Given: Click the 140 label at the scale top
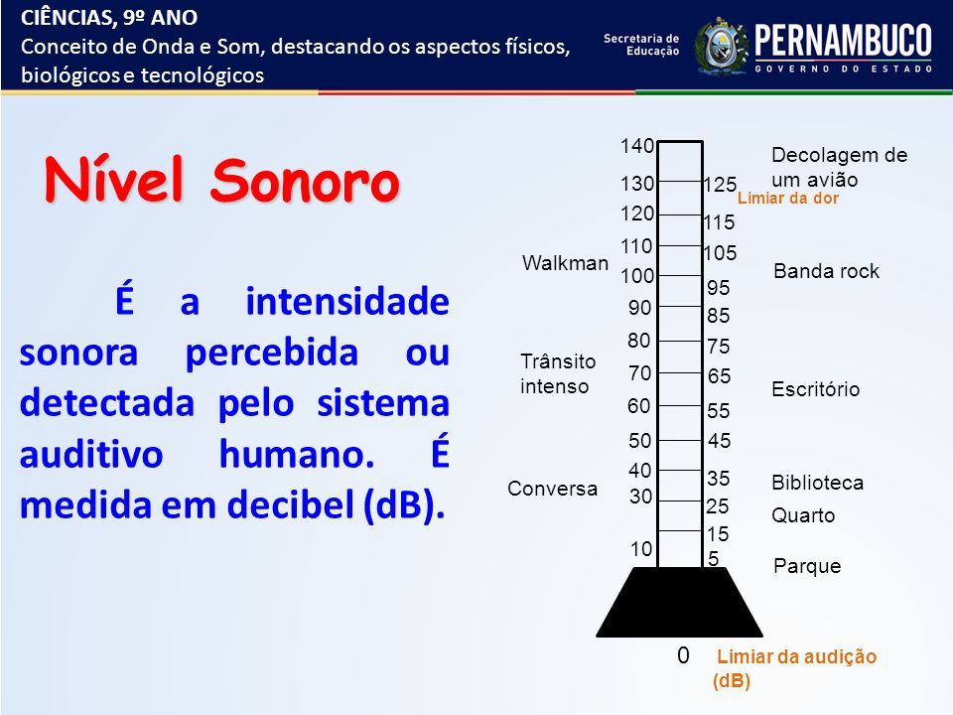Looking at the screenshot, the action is (x=637, y=146).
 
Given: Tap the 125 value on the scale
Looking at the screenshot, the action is (x=721, y=185).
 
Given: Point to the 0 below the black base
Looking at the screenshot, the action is (x=683, y=654).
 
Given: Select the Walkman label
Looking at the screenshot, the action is (x=565, y=262).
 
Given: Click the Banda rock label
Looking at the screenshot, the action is (x=826, y=270).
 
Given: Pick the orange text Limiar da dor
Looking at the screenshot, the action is (x=787, y=199).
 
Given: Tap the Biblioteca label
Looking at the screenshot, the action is (x=817, y=483).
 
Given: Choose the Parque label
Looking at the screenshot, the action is (x=807, y=567).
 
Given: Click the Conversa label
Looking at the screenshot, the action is (x=553, y=489).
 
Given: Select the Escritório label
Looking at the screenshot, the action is (x=816, y=389).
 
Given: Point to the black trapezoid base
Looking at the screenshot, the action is (x=679, y=602).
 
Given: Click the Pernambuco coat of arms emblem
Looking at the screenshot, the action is (x=721, y=47).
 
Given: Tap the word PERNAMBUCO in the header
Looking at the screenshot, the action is (x=843, y=40).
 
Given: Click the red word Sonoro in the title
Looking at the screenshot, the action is (x=305, y=181).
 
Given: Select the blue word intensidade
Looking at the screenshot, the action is (x=347, y=302).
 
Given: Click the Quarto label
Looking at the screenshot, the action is (x=803, y=515).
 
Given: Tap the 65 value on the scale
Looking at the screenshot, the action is (x=719, y=376).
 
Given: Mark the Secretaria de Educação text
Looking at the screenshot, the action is (x=641, y=45).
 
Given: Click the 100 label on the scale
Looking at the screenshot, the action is (x=637, y=276).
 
